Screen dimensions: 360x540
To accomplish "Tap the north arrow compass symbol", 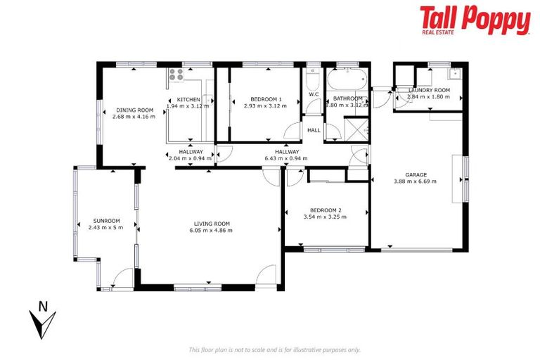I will [44, 320].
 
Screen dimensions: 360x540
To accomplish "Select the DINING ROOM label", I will [134, 110].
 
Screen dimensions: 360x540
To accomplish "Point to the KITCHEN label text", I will [188, 99].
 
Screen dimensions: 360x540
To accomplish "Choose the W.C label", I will [314, 94].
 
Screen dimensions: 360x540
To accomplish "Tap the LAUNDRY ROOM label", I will [429, 90].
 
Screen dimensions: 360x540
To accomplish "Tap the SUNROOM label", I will [105, 220].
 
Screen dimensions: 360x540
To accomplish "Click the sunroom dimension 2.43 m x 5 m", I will [105, 227].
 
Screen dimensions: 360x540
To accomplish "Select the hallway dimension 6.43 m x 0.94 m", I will [287, 158].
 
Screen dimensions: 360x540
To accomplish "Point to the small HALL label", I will [314, 130].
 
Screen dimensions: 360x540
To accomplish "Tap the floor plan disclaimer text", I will [275, 349].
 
